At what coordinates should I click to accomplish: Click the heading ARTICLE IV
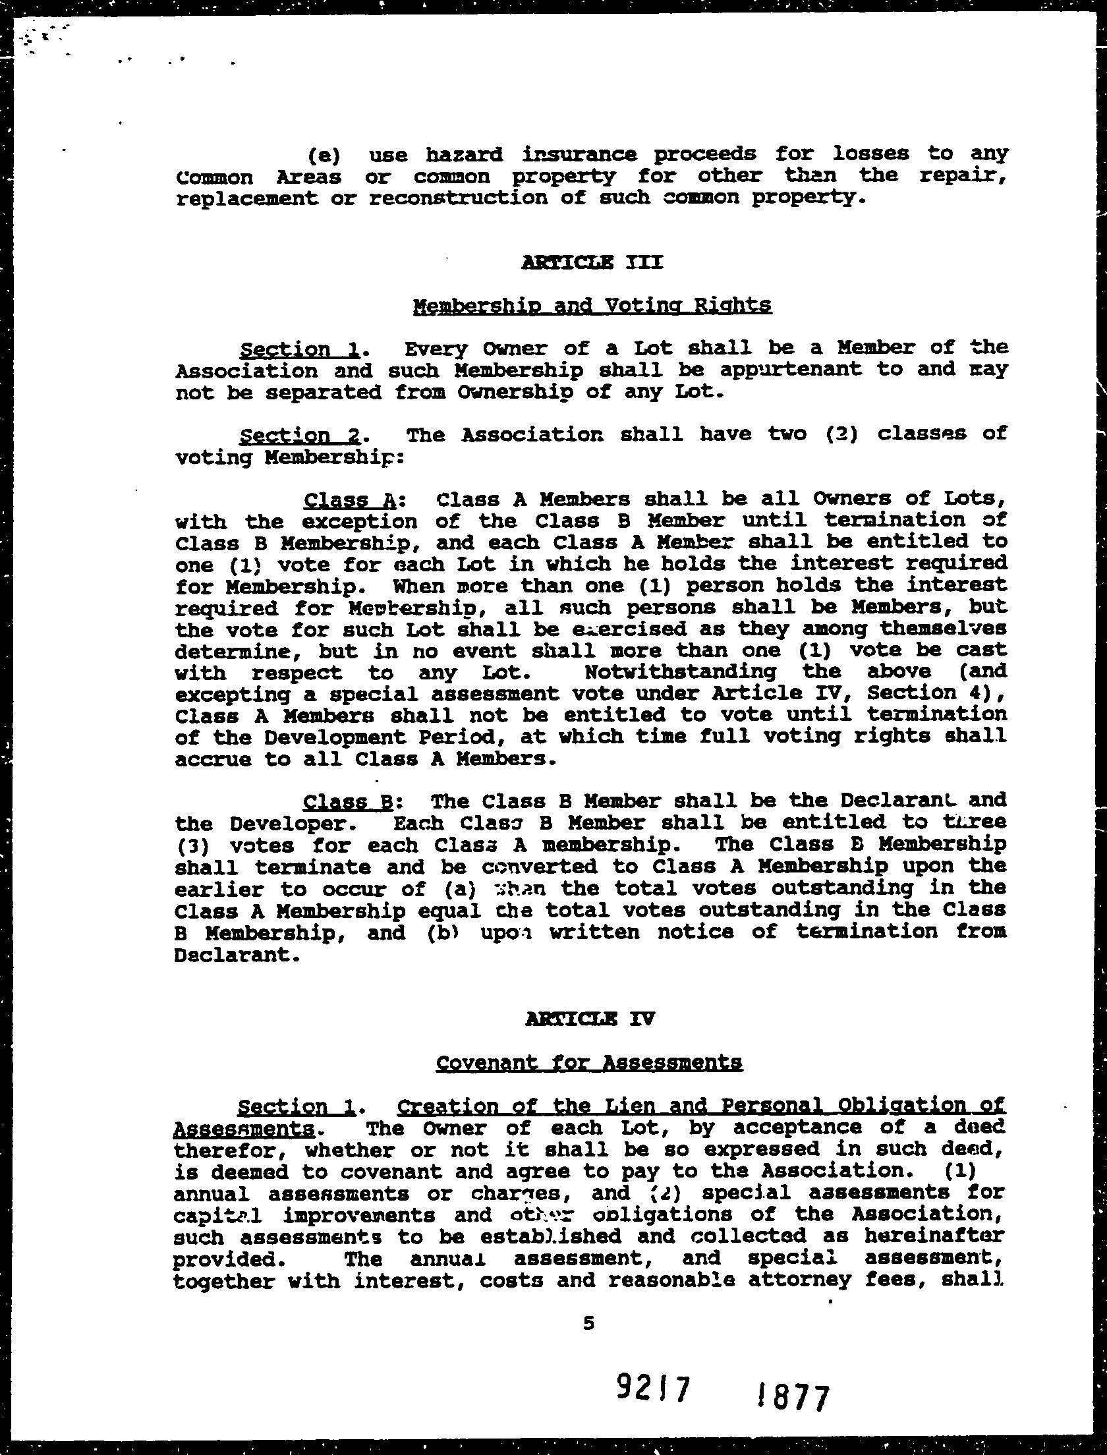590,1019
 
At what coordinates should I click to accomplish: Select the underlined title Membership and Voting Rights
592,306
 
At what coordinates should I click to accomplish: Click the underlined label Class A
350,501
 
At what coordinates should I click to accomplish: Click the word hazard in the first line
464,155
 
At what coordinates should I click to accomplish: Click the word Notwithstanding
680,671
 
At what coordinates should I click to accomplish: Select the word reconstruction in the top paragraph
458,198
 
